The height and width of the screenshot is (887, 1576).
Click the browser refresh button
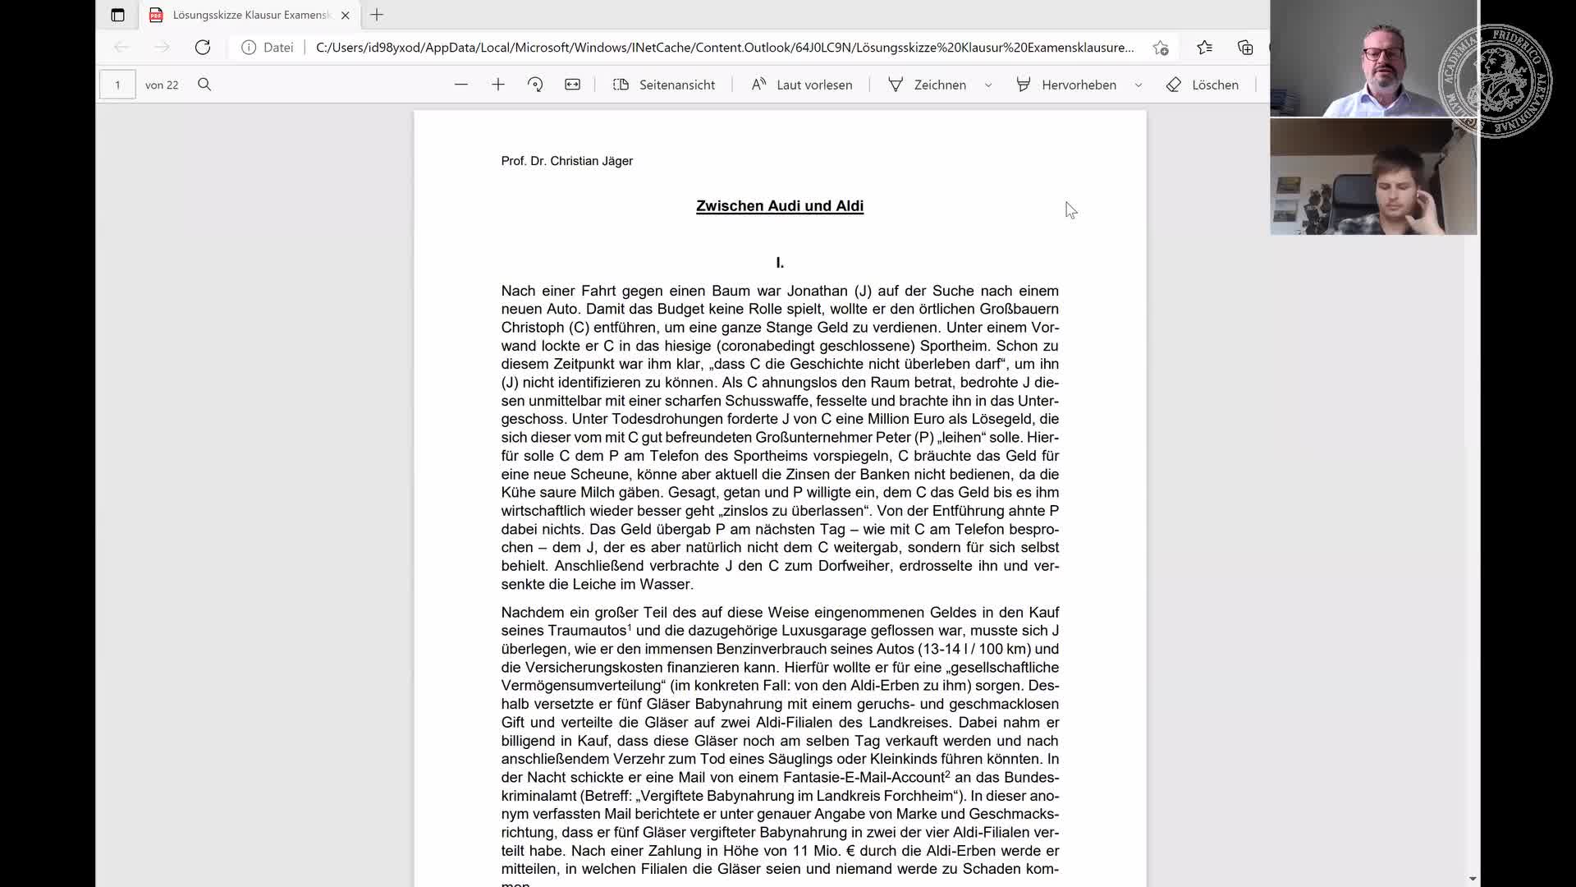click(202, 48)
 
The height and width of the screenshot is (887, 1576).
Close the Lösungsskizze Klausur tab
click(346, 15)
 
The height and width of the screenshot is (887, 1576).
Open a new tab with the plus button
click(377, 15)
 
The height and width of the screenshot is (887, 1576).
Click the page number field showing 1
click(117, 85)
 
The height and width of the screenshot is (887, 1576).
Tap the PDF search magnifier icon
click(204, 85)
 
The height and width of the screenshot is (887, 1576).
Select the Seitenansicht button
click(664, 85)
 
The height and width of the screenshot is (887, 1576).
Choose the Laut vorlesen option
click(802, 85)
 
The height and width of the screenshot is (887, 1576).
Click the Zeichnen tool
click(928, 85)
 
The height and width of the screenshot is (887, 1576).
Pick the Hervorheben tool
click(1066, 85)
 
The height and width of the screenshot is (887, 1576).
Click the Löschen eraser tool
click(1203, 85)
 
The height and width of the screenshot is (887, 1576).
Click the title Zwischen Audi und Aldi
click(780, 206)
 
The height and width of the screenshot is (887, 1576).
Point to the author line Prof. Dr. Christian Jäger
click(566, 161)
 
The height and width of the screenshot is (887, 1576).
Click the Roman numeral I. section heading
click(780, 263)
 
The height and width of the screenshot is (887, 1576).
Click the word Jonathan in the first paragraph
click(818, 291)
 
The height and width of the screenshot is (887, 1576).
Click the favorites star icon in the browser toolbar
click(1204, 48)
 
